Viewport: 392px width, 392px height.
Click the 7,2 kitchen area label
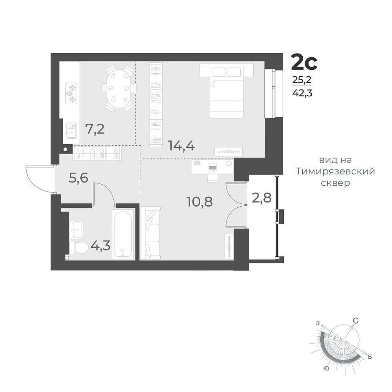(95, 129)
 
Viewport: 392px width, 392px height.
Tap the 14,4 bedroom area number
(182, 145)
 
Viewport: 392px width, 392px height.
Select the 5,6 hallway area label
(78, 178)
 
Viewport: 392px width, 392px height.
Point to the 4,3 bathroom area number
(100, 246)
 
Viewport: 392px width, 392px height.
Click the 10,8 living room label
(200, 202)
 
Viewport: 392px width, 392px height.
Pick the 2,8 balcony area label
(262, 198)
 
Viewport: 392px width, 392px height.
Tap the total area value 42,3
(302, 93)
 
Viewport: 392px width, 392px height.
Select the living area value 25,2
(302, 80)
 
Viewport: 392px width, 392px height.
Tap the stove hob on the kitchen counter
(71, 94)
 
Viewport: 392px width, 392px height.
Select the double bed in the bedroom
(227, 91)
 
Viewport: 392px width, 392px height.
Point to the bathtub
(123, 234)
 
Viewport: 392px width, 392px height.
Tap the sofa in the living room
(150, 233)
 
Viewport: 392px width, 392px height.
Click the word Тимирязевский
(335, 172)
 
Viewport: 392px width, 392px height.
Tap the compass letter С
(356, 321)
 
